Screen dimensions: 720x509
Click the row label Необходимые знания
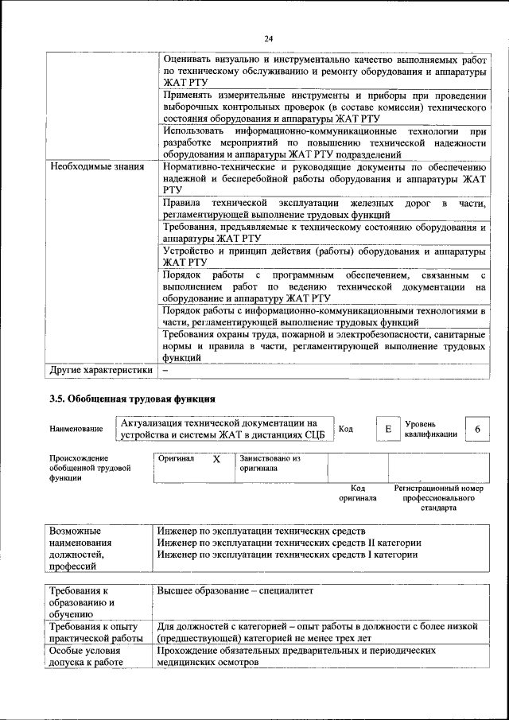click(97, 167)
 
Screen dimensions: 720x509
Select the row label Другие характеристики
click(100, 370)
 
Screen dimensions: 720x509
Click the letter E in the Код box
click(388, 430)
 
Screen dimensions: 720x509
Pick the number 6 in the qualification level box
click(477, 430)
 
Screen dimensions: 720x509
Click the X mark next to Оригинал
click(216, 460)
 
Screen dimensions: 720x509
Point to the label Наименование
click(76, 430)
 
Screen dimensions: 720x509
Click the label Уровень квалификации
click(430, 430)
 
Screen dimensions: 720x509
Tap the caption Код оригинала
click(358, 493)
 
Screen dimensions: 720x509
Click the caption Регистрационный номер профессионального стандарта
click(439, 497)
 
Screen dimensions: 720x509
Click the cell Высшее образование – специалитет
click(235, 592)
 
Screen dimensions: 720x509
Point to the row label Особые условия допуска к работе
click(82, 655)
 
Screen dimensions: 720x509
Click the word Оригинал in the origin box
click(176, 459)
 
